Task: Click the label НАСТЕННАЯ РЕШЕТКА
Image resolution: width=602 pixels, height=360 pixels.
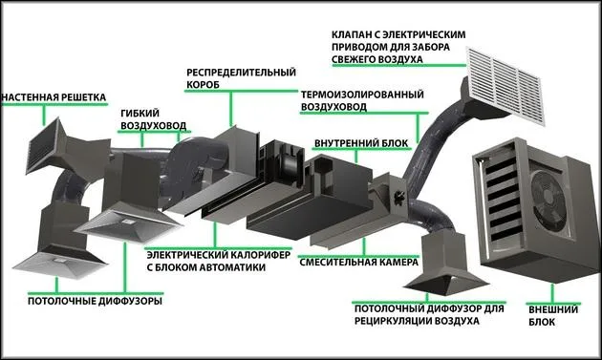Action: pos(54,97)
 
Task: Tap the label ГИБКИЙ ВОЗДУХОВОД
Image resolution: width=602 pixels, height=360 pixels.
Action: pos(154,119)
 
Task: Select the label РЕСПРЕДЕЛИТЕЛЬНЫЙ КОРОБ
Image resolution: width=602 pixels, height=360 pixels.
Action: pos(241,78)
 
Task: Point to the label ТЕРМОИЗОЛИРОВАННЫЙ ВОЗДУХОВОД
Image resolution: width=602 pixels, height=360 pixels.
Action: pos(362,100)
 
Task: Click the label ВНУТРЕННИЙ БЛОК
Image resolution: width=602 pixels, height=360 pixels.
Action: pos(361,143)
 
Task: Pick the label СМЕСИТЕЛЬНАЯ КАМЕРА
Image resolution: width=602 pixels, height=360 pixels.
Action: pos(358,263)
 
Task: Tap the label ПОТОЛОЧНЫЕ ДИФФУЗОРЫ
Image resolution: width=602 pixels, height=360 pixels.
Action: pos(95,301)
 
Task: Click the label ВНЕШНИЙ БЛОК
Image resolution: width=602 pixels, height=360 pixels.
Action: pos(553,315)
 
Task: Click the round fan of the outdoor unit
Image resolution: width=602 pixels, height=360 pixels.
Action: pos(548,201)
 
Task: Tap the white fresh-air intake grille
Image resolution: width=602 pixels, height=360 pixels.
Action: pos(505,86)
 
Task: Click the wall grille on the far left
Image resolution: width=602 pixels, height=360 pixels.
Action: pos(43,145)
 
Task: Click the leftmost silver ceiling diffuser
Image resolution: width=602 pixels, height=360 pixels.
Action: pos(58,264)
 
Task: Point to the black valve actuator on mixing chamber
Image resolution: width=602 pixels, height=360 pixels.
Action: pos(398,196)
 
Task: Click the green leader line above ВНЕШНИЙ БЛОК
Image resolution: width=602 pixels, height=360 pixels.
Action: pos(553,293)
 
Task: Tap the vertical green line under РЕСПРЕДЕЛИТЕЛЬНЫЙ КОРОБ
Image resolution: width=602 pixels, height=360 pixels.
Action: pos(231,110)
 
